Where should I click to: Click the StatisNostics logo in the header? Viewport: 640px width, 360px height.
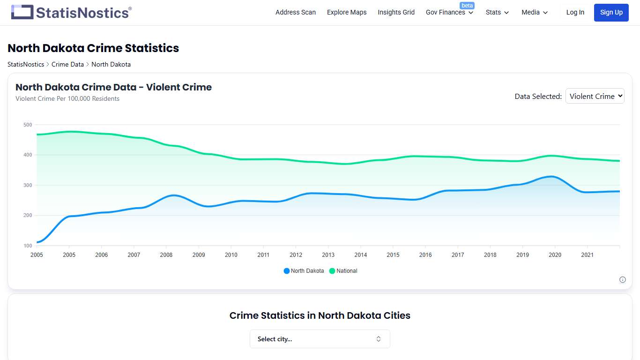click(x=71, y=12)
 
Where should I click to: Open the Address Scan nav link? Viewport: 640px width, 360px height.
click(x=296, y=12)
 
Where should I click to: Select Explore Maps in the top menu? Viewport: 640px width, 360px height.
click(x=347, y=12)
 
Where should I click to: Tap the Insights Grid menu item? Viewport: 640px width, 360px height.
click(x=396, y=12)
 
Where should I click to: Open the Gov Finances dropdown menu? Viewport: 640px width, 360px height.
click(x=449, y=13)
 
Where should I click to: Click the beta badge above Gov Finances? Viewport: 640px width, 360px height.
click(x=467, y=6)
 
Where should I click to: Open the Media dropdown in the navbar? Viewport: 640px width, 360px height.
click(x=535, y=12)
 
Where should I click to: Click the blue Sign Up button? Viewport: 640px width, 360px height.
click(x=611, y=12)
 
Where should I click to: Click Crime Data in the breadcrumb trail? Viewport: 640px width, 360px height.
click(x=67, y=64)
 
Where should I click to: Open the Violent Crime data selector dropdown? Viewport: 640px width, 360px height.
click(x=595, y=96)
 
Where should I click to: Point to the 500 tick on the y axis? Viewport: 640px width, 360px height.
click(x=28, y=125)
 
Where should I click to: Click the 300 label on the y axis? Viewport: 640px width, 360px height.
click(x=28, y=185)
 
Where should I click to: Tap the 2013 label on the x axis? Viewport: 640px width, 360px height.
click(x=328, y=255)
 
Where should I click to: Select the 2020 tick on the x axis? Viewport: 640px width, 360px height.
click(x=555, y=255)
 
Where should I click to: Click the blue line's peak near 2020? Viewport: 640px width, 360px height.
click(x=553, y=177)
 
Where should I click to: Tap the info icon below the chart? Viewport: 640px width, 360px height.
click(x=623, y=280)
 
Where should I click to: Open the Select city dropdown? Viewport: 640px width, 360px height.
click(x=320, y=339)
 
